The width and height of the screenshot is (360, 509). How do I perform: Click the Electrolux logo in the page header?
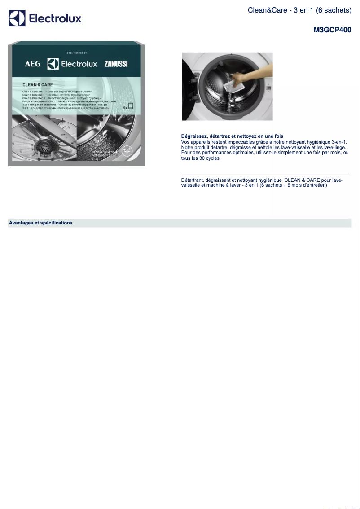45,19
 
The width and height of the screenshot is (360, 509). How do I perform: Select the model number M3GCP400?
332,30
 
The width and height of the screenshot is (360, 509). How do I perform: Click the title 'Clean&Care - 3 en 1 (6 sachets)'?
299,9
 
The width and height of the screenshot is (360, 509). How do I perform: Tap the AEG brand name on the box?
32,64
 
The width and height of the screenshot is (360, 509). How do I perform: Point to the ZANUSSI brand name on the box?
116,64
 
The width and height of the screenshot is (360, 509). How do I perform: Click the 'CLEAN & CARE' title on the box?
38,85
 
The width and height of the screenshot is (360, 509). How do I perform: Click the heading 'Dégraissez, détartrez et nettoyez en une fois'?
232,136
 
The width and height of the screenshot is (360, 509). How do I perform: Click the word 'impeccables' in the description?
242,142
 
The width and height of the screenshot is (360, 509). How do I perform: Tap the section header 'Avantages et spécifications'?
40,223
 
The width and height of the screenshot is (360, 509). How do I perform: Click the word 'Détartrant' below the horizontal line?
193,180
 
